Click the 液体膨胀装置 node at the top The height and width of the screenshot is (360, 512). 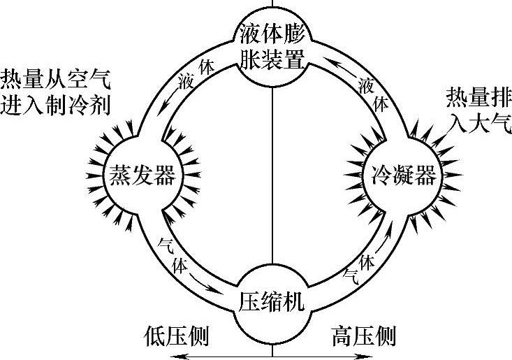coord(272,45)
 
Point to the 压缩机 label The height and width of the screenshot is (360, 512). coord(272,303)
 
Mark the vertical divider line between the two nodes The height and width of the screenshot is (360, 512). coord(272,175)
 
